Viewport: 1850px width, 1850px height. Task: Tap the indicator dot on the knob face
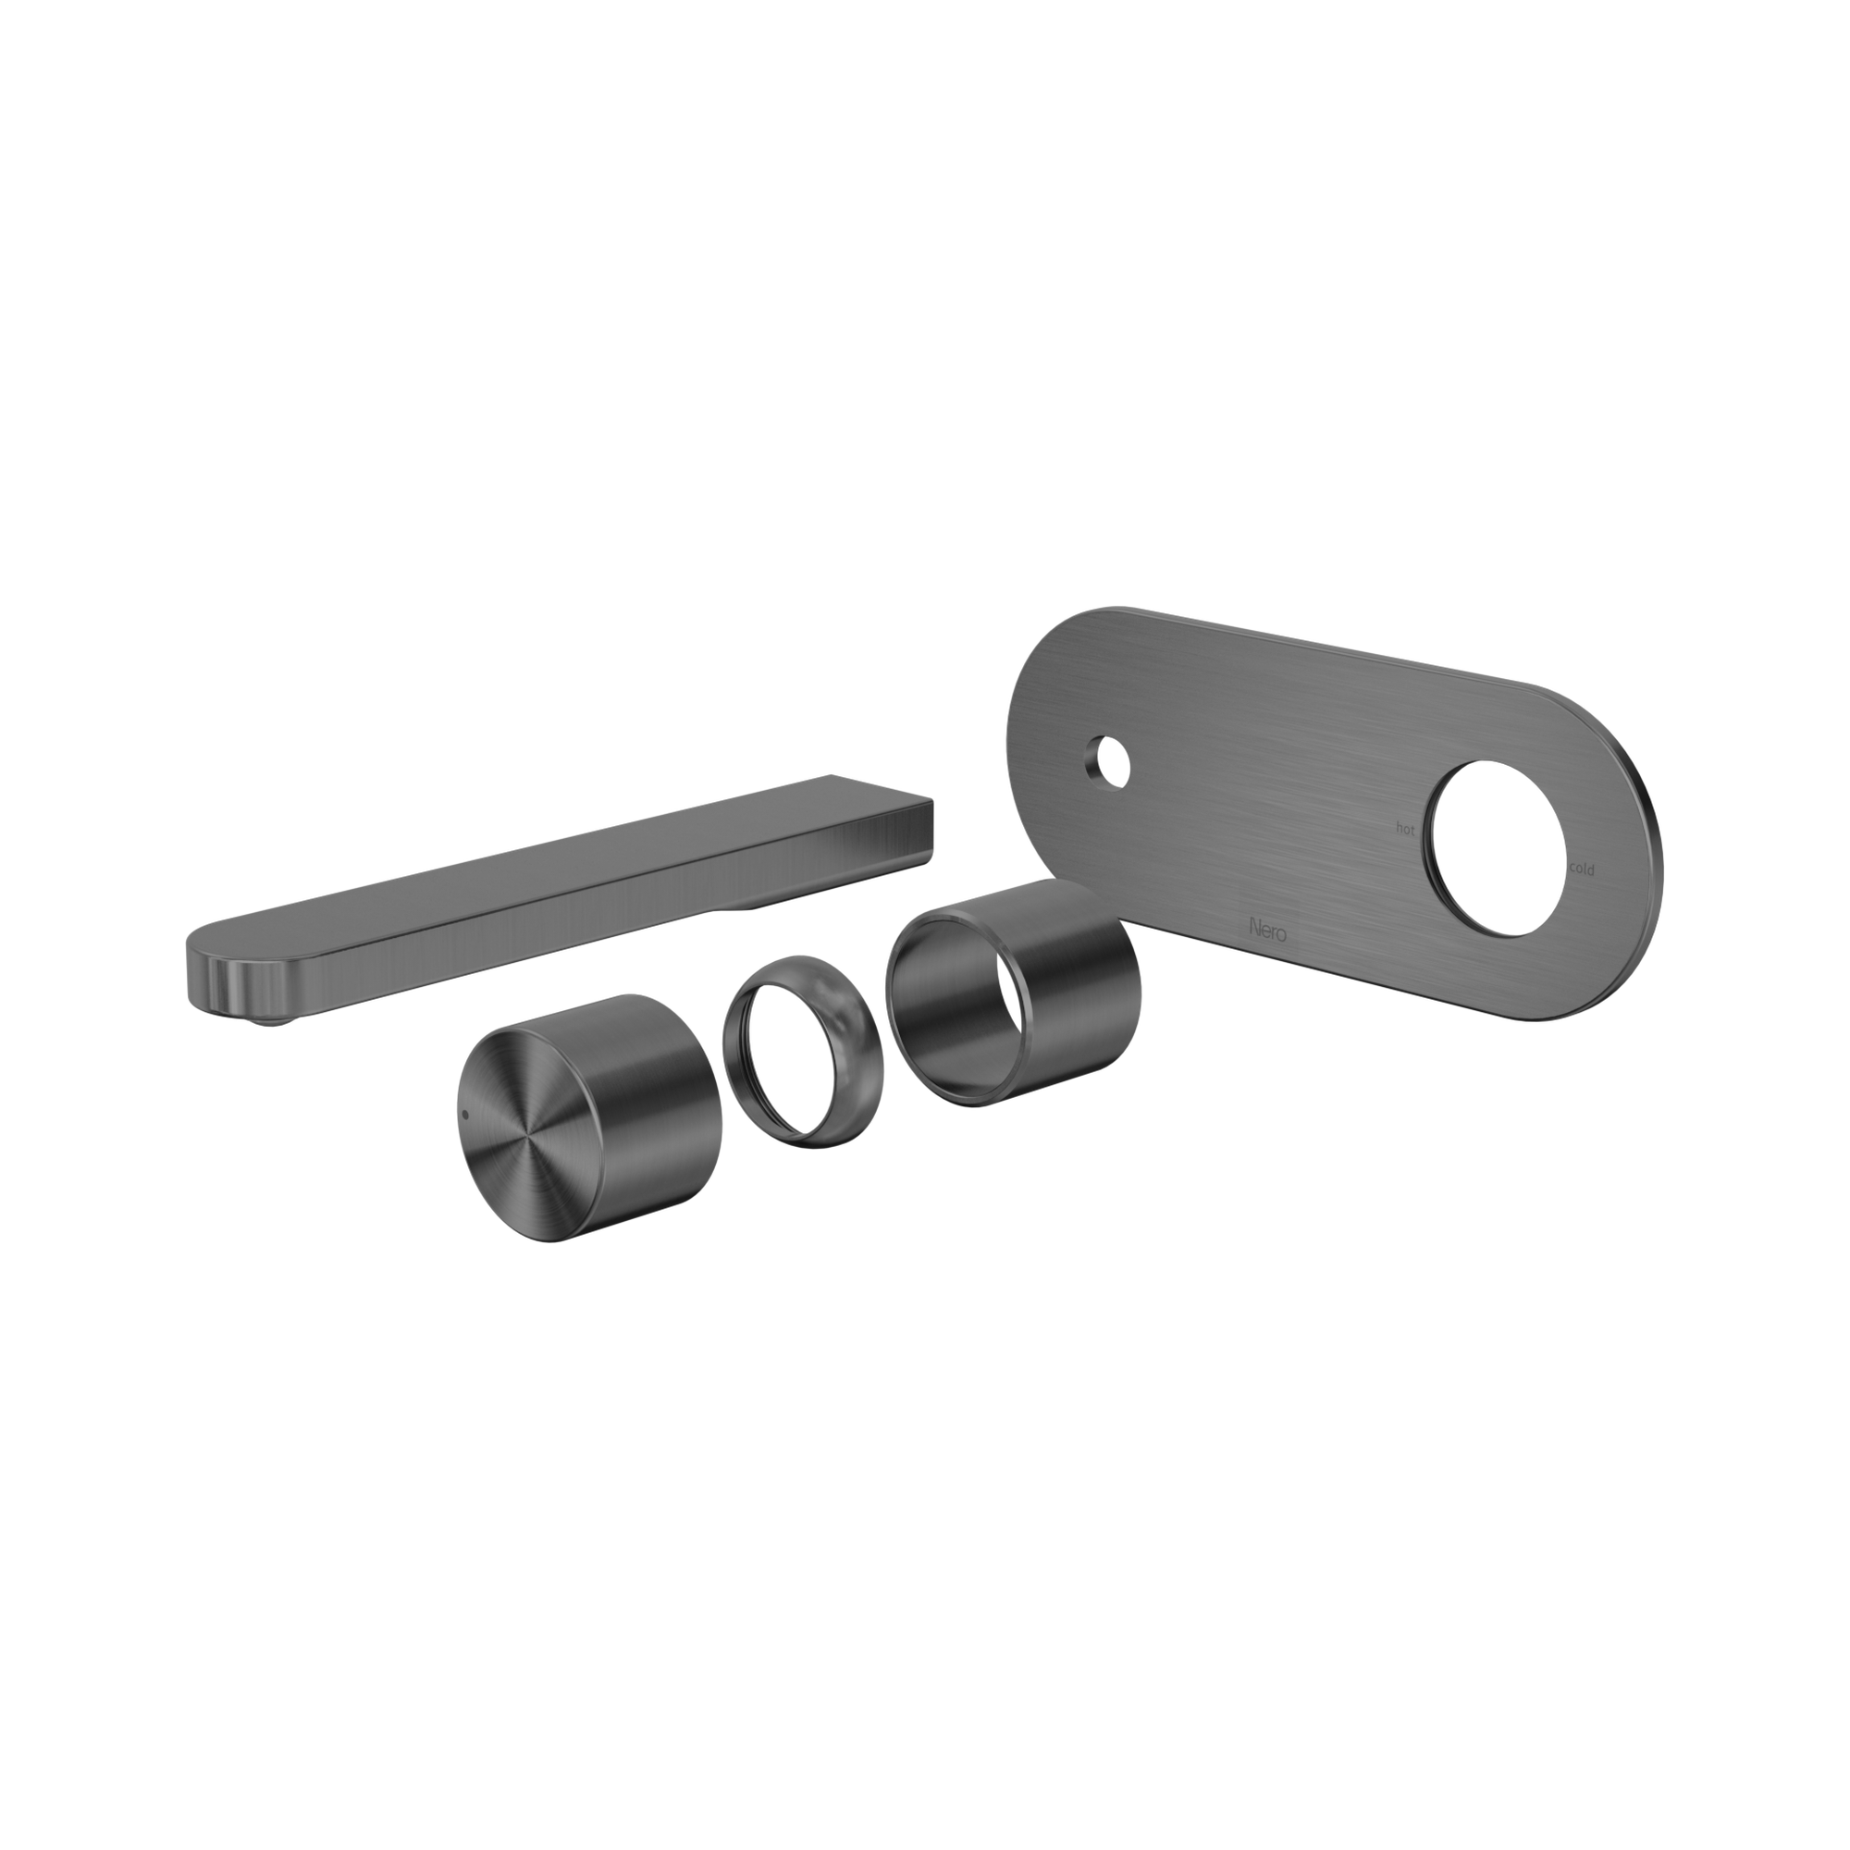pyautogui.click(x=466, y=1115)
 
